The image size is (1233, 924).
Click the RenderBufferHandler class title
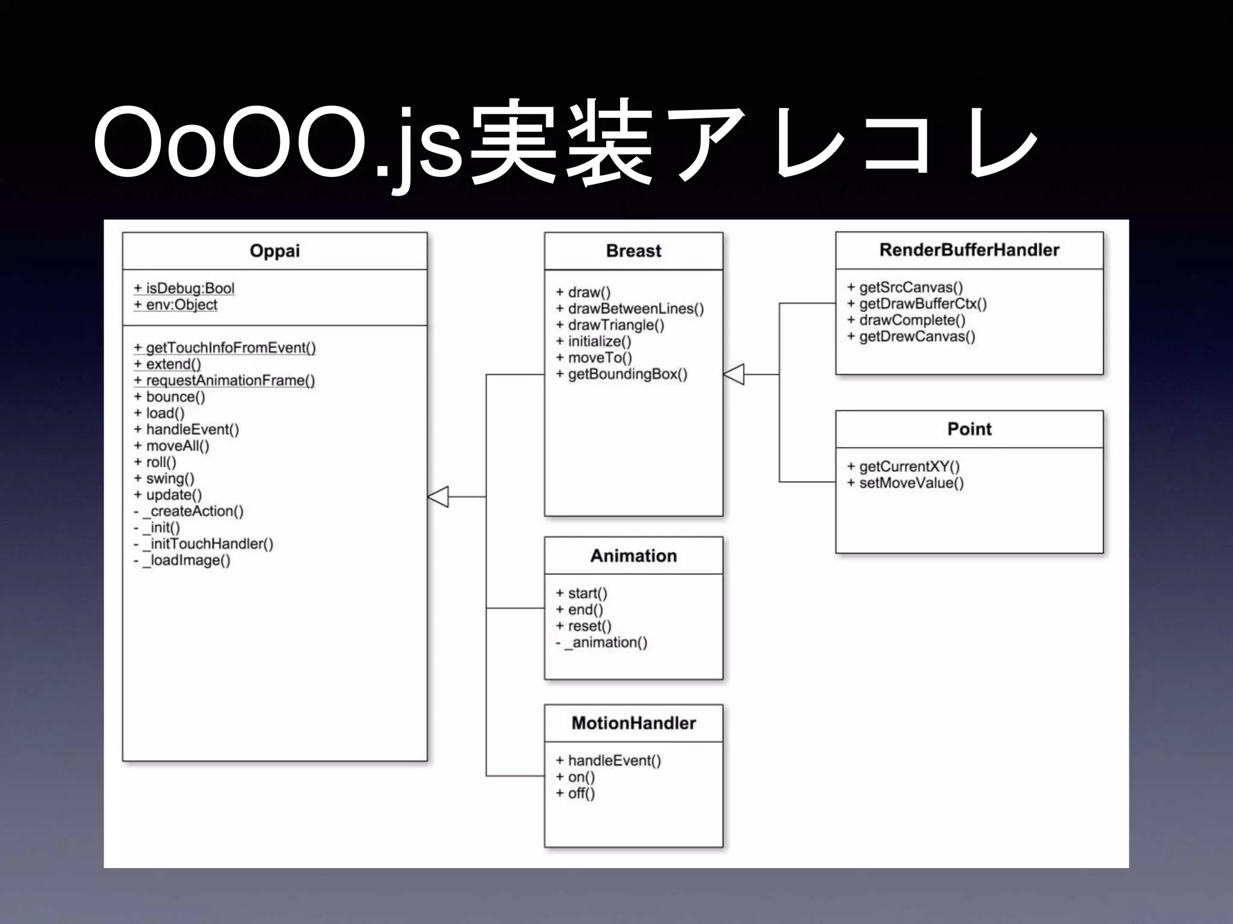pyautogui.click(x=969, y=250)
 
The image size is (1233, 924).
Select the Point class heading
pyautogui.click(x=969, y=429)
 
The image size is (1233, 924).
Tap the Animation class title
pyautogui.click(x=633, y=556)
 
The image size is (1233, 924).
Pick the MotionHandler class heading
pyautogui.click(x=633, y=723)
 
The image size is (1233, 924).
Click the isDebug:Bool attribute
pyautogui.click(x=184, y=288)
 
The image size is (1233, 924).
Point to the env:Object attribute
pyautogui.click(x=176, y=304)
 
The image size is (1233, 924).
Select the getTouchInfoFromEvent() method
pyautogui.click(x=225, y=348)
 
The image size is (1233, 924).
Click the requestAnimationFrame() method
pyautogui.click(x=224, y=380)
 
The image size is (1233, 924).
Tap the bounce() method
pyautogui.click(x=170, y=397)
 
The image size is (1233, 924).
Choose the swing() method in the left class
pyautogui.click(x=164, y=478)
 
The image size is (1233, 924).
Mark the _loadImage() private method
pyautogui.click(x=182, y=561)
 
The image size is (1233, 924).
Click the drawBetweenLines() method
pyautogui.click(x=630, y=309)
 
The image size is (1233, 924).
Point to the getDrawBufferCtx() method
pyautogui.click(x=917, y=304)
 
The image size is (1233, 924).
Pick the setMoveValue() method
pyautogui.click(x=905, y=483)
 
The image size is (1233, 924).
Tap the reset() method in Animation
pyautogui.click(x=583, y=626)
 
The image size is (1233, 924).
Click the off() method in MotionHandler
pyautogui.click(x=576, y=793)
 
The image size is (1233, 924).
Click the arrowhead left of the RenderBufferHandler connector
pyautogui.click(x=734, y=374)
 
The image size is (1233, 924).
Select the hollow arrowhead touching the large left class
pyautogui.click(x=438, y=496)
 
